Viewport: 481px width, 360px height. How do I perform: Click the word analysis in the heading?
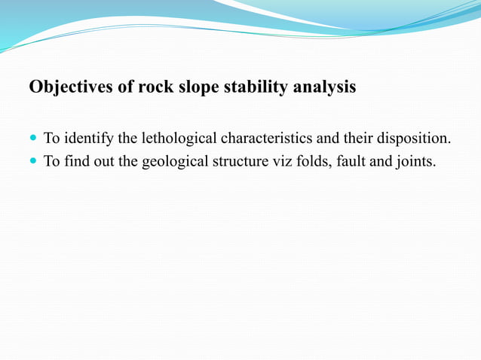click(324, 88)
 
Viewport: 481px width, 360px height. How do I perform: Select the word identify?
click(89, 139)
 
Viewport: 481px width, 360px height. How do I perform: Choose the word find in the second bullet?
click(75, 162)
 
